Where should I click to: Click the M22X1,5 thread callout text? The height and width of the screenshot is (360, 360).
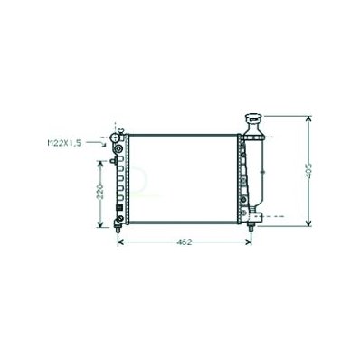coord(64,143)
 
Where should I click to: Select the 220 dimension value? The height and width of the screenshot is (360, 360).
coord(100,192)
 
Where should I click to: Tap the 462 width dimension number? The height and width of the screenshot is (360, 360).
coord(185,242)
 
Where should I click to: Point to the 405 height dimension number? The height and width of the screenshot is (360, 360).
coord(308,171)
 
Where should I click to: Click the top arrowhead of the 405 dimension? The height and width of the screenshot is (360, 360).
coord(308,118)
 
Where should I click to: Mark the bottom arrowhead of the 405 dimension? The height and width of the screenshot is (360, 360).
coord(308,223)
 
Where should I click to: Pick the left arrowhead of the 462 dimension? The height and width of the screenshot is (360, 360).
coord(120,242)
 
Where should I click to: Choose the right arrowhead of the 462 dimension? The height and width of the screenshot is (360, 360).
coord(249,242)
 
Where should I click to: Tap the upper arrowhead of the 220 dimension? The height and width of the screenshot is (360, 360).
coord(100,164)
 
